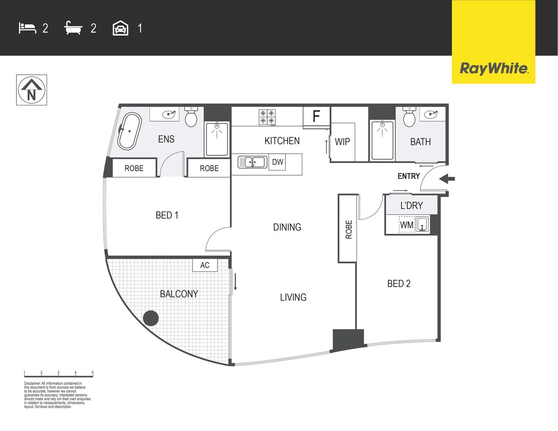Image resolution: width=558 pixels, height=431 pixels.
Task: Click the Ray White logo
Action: [x=493, y=68]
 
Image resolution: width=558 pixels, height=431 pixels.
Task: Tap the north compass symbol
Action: [x=32, y=90]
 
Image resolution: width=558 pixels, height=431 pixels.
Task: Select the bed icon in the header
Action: [x=27, y=28]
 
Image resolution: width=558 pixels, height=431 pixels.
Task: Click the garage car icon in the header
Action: [x=121, y=28]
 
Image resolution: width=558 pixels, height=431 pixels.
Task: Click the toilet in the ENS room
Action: [x=191, y=117]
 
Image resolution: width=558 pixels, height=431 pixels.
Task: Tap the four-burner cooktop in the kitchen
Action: [x=267, y=117]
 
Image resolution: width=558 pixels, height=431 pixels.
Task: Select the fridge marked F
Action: [x=316, y=116]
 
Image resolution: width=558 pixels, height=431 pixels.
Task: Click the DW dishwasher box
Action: [x=277, y=162]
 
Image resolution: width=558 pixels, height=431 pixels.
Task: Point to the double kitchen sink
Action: [x=252, y=162]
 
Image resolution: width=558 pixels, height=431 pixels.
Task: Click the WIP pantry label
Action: [x=342, y=142]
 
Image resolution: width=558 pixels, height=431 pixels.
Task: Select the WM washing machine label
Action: [x=407, y=225]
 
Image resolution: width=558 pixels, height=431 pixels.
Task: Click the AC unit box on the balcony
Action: [x=205, y=265]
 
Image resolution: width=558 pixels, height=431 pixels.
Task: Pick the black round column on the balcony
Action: [x=151, y=318]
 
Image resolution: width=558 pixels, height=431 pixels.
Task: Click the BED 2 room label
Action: [x=399, y=284]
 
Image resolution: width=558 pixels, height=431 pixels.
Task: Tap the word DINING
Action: [x=287, y=227]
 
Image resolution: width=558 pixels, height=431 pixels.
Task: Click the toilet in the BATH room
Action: [x=409, y=117]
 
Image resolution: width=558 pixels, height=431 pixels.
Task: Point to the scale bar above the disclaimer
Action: [x=58, y=375]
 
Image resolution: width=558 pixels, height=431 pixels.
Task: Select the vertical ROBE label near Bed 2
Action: [x=349, y=229]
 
